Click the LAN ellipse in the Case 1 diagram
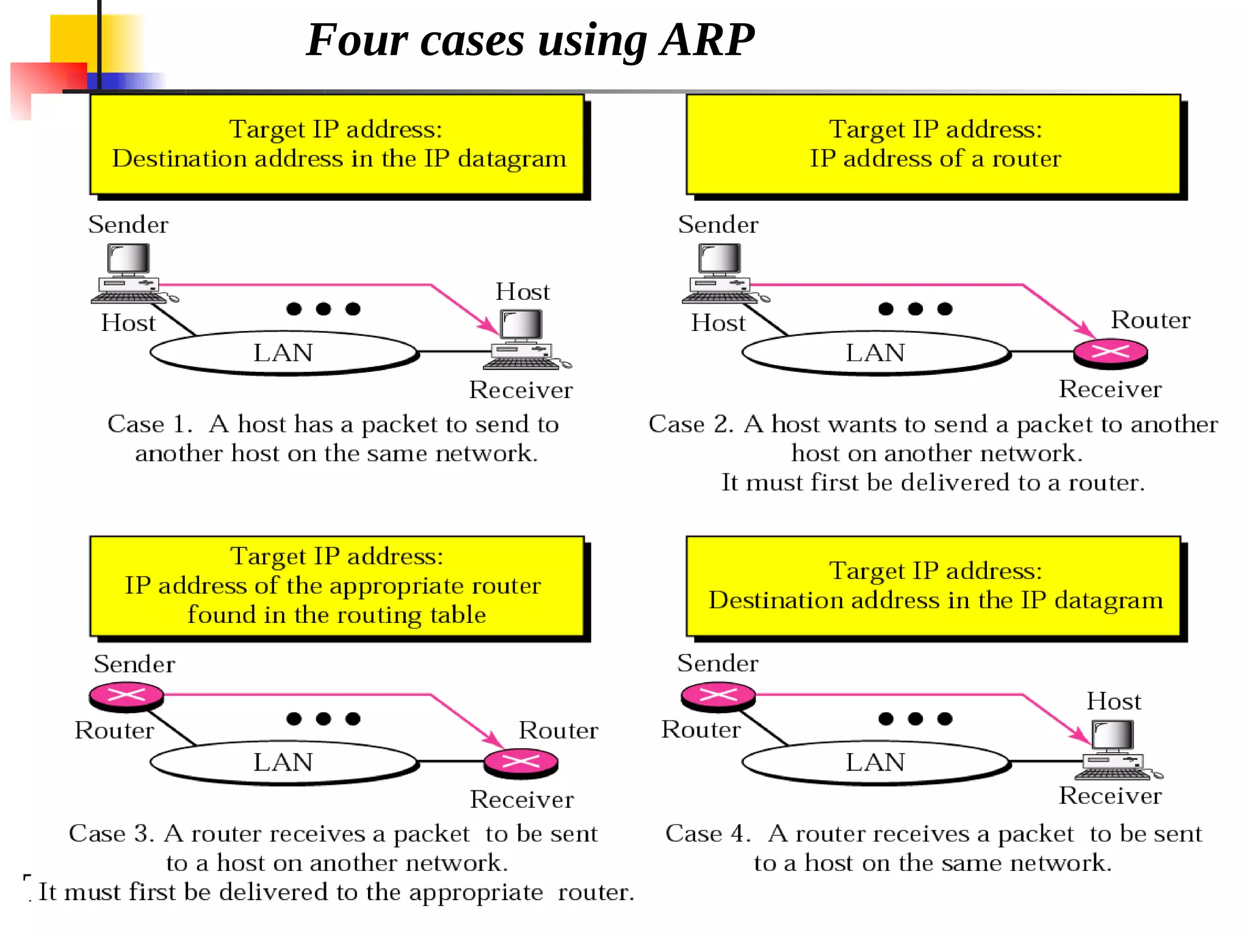[283, 352]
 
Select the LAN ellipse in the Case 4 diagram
[875, 762]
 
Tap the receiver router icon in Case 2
[1110, 352]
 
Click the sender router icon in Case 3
[126, 696]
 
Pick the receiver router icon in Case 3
[521, 762]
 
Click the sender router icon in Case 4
[718, 696]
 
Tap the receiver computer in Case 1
[522, 339]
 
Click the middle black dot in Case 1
[323, 309]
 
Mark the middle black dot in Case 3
[323, 719]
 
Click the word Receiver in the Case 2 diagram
[1110, 389]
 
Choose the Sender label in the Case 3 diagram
[134, 664]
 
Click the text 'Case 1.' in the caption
[150, 424]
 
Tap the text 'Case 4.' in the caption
[707, 834]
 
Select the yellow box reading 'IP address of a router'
[933, 145]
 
